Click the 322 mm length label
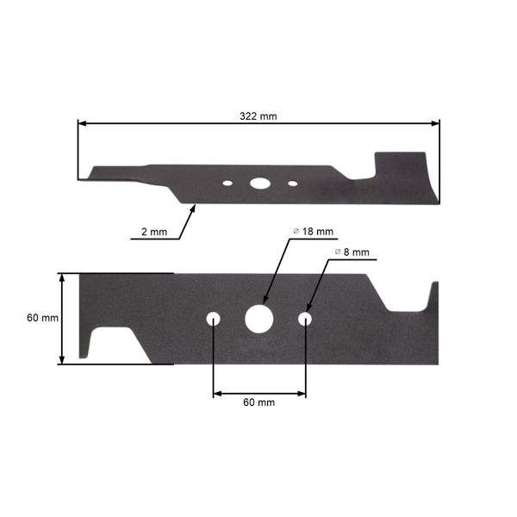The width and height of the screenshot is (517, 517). click(258, 115)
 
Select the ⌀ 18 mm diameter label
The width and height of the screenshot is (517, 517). click(314, 232)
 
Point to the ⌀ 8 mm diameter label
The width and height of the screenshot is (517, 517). click(352, 252)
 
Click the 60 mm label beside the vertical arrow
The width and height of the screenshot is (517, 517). click(42, 318)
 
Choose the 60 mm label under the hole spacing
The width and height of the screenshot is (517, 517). click(258, 402)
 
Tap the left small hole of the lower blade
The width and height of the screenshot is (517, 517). click(213, 319)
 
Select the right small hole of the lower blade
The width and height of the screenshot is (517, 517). click(305, 319)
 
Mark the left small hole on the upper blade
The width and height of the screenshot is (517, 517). click(227, 183)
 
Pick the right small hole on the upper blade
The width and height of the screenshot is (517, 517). click(292, 183)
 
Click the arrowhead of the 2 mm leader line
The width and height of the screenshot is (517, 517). click(195, 206)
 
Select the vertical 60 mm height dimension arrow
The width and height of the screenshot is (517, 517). click(63, 318)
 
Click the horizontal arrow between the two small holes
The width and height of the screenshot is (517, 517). click(258, 393)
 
